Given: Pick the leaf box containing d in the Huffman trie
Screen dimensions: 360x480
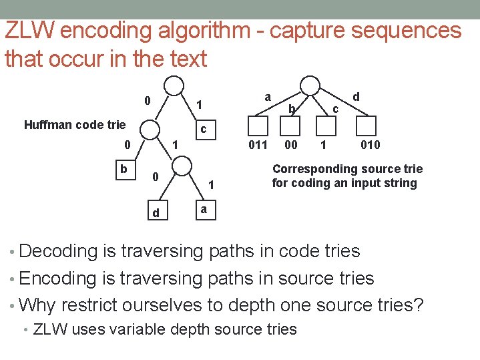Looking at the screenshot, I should click(x=155, y=212).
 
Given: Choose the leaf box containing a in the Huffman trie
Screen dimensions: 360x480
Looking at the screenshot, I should click(x=205, y=211).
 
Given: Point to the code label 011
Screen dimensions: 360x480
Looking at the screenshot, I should click(x=258, y=145).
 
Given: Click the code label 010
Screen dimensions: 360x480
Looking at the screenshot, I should click(x=371, y=145).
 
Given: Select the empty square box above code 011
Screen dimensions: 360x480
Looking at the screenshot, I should click(x=258, y=126).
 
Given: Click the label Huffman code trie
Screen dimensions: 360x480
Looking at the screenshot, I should click(x=74, y=124).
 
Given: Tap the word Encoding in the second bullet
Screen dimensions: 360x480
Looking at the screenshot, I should click(x=59, y=279).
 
